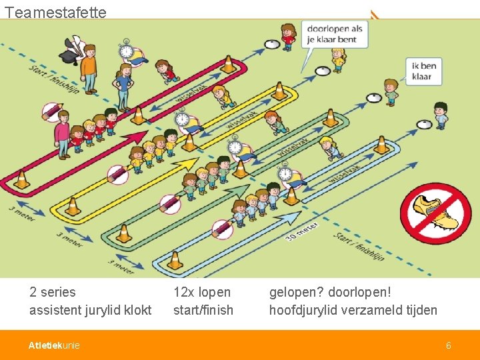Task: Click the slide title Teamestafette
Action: (x=55, y=12)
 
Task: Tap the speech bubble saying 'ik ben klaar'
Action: (x=424, y=71)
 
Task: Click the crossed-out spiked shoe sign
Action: (x=435, y=213)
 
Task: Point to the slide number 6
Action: (x=449, y=345)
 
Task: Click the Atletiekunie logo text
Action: (x=54, y=345)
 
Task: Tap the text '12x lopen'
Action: (x=202, y=292)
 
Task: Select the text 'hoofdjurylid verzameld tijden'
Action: (x=353, y=310)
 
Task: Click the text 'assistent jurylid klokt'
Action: (x=91, y=310)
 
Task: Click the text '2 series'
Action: (x=53, y=292)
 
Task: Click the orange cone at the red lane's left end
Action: (x=22, y=179)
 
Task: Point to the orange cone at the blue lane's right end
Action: (x=381, y=145)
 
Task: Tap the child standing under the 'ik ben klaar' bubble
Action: (x=391, y=92)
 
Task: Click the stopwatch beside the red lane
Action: (x=126, y=50)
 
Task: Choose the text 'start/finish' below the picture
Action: (x=203, y=310)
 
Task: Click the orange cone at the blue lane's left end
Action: (x=175, y=260)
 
